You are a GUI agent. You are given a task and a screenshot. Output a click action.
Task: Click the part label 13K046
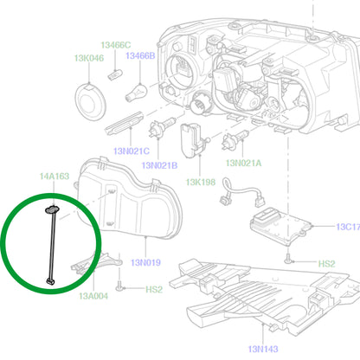pyautogui.click(x=89, y=58)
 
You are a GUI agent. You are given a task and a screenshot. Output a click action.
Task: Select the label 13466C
pyautogui.click(x=115, y=45)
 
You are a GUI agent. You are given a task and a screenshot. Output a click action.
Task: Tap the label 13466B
pyautogui.click(x=140, y=55)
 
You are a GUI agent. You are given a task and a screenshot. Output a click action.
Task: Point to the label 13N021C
pyautogui.click(x=132, y=151)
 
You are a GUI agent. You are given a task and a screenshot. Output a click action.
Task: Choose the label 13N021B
pyautogui.click(x=159, y=165)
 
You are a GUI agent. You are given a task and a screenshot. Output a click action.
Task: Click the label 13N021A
pyautogui.click(x=243, y=163)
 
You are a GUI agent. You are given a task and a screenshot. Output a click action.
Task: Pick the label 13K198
pyautogui.click(x=201, y=182)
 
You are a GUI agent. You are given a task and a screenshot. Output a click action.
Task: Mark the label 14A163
pyautogui.click(x=55, y=176)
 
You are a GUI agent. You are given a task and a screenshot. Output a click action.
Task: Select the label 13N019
pyautogui.click(x=145, y=262)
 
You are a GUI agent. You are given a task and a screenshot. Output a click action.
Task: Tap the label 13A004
pyautogui.click(x=93, y=296)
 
